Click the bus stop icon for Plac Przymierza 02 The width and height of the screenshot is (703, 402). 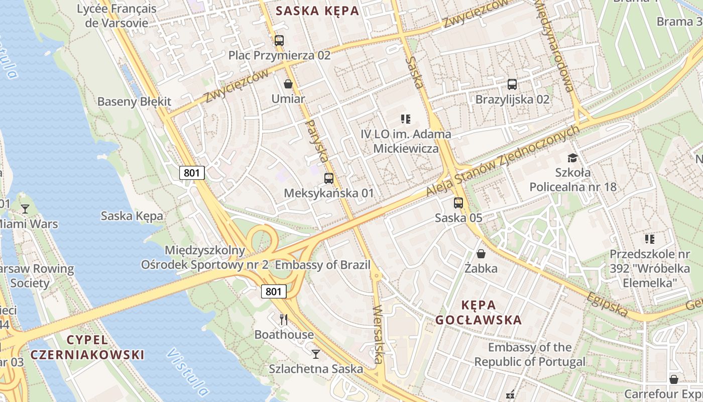279,41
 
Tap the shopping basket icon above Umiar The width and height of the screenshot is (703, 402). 288,84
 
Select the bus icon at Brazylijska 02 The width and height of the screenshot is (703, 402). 512,84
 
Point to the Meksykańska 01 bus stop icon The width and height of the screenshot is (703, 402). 329,178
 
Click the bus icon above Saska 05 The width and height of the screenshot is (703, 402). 458,203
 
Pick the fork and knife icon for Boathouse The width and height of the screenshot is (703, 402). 284,319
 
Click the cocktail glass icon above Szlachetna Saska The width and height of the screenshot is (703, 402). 315,354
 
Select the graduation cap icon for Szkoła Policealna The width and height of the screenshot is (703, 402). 572,158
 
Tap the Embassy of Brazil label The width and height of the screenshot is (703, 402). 323,265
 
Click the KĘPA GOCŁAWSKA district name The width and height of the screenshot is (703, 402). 479,312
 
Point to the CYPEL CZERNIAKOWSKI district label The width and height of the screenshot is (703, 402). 87,347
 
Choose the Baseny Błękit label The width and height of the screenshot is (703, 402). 134,102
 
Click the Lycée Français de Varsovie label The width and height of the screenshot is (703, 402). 116,16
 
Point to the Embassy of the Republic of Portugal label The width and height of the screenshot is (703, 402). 530,354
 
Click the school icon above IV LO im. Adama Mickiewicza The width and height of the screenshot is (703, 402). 406,119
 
